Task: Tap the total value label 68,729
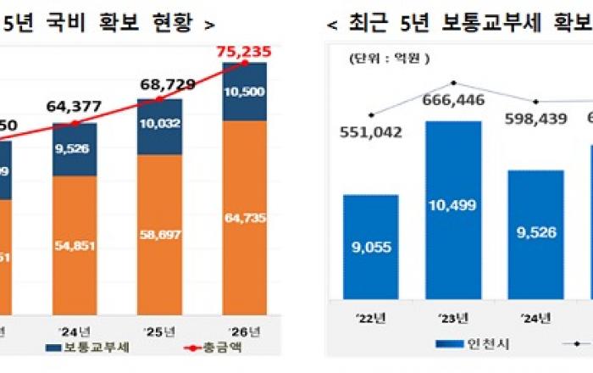166,85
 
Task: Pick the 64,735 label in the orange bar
246,218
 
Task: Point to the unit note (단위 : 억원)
386,59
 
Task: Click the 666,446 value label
455,102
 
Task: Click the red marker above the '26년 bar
246,63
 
